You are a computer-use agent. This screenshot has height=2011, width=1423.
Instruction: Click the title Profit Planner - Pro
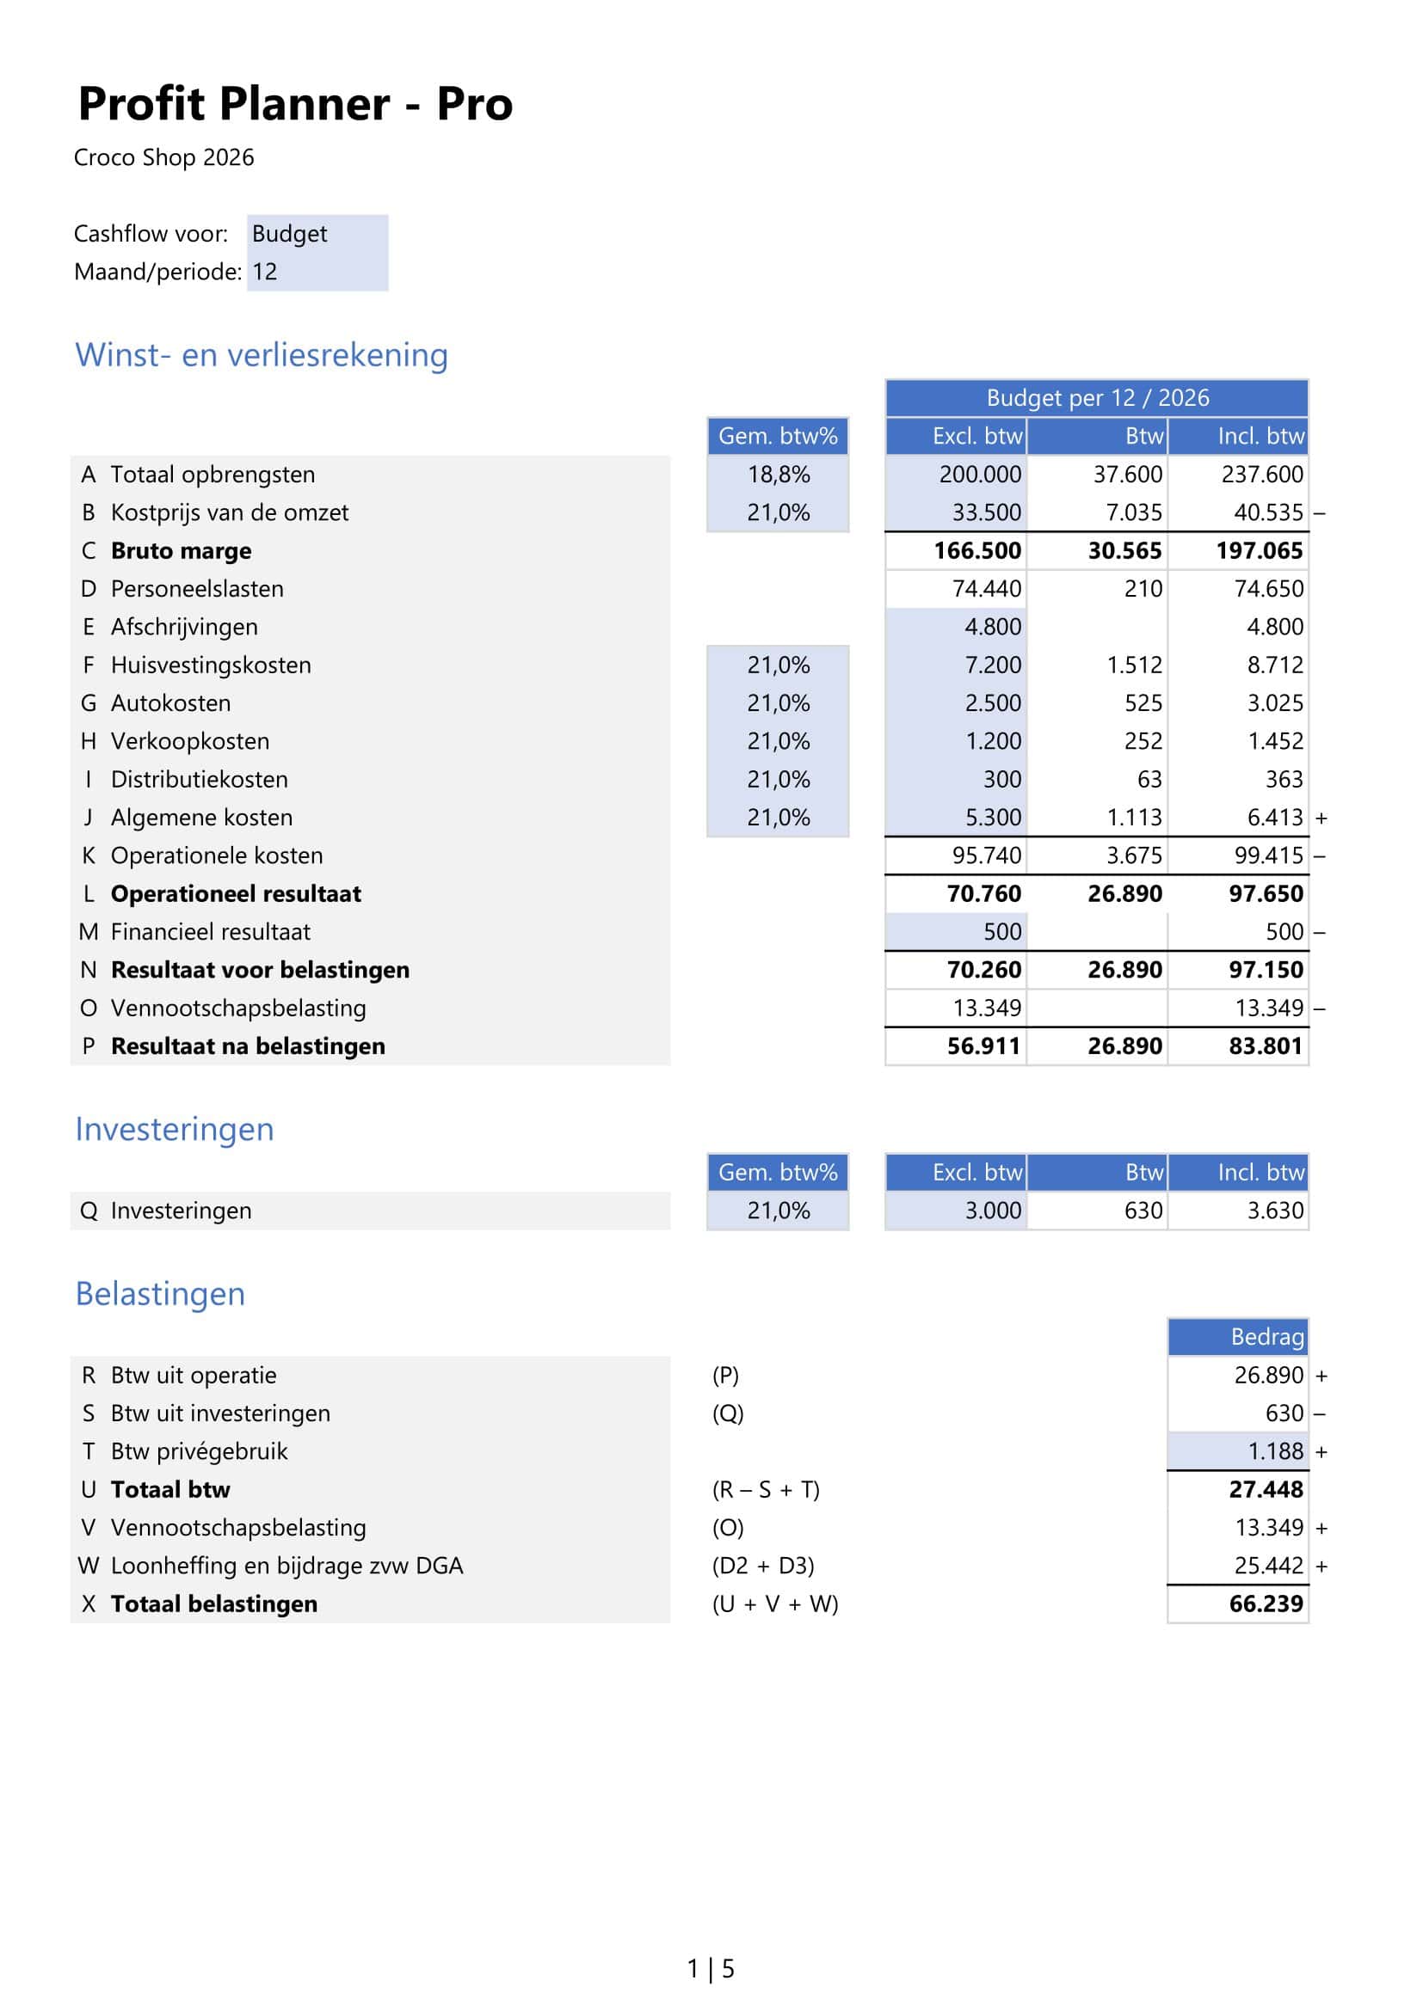tap(295, 104)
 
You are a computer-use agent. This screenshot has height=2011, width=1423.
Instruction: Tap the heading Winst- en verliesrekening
tap(262, 355)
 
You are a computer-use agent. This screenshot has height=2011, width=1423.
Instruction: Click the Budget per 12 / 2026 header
tap(1096, 398)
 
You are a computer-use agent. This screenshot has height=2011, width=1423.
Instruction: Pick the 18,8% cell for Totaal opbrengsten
tap(778, 475)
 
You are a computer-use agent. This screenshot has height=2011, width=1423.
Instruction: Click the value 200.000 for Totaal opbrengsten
tap(980, 475)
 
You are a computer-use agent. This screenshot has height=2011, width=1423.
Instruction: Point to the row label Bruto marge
tap(181, 551)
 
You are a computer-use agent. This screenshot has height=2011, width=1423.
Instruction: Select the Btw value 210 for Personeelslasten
tap(1143, 589)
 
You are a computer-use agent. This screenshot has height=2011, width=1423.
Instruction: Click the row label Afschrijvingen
tap(184, 627)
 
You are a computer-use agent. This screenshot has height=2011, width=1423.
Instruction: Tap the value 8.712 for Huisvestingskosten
tap(1275, 665)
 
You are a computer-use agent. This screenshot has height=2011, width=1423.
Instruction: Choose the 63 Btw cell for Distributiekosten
tap(1149, 780)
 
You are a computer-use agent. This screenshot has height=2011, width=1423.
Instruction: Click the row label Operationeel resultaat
tap(236, 893)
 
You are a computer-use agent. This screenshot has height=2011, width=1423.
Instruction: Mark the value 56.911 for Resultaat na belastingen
tap(983, 1045)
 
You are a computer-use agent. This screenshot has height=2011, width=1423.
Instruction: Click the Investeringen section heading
tap(175, 1129)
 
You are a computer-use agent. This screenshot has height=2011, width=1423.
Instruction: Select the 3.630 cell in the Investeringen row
tap(1275, 1211)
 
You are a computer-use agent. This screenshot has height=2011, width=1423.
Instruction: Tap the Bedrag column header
tap(1266, 1337)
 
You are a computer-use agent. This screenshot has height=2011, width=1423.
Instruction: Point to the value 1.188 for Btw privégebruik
tap(1275, 1451)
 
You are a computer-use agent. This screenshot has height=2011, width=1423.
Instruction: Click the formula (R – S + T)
tap(766, 1489)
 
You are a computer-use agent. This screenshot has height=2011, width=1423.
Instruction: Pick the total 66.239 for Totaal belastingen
tap(1266, 1603)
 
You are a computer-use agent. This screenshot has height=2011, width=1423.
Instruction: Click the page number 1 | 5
tap(711, 1969)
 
